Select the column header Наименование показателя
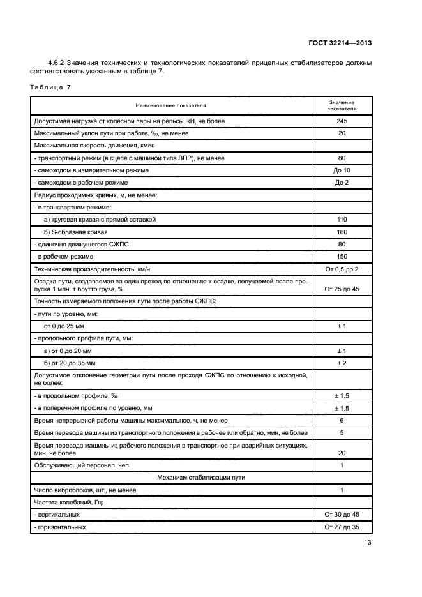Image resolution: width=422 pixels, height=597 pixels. (170, 105)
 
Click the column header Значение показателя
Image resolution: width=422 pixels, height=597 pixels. (342, 105)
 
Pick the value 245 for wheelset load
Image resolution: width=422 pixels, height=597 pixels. (342, 121)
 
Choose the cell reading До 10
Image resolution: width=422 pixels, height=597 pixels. (342, 170)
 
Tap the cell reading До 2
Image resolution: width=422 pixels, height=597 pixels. (342, 183)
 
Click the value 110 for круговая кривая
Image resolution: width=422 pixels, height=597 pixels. (342, 220)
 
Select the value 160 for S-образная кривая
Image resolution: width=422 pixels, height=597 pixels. (342, 232)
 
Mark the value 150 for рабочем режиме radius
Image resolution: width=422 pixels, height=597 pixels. (342, 256)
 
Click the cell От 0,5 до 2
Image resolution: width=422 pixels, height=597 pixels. (342, 269)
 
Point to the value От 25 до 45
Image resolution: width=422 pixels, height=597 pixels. (342, 289)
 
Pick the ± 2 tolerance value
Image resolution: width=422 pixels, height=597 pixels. (342, 363)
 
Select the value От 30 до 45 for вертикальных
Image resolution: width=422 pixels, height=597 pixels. (342, 515)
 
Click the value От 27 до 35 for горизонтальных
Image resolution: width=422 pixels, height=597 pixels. (342, 527)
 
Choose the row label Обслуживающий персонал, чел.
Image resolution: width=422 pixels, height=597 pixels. (81, 465)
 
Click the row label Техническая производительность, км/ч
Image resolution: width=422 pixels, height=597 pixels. (93, 269)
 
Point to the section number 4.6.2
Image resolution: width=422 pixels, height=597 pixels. (58, 62)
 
